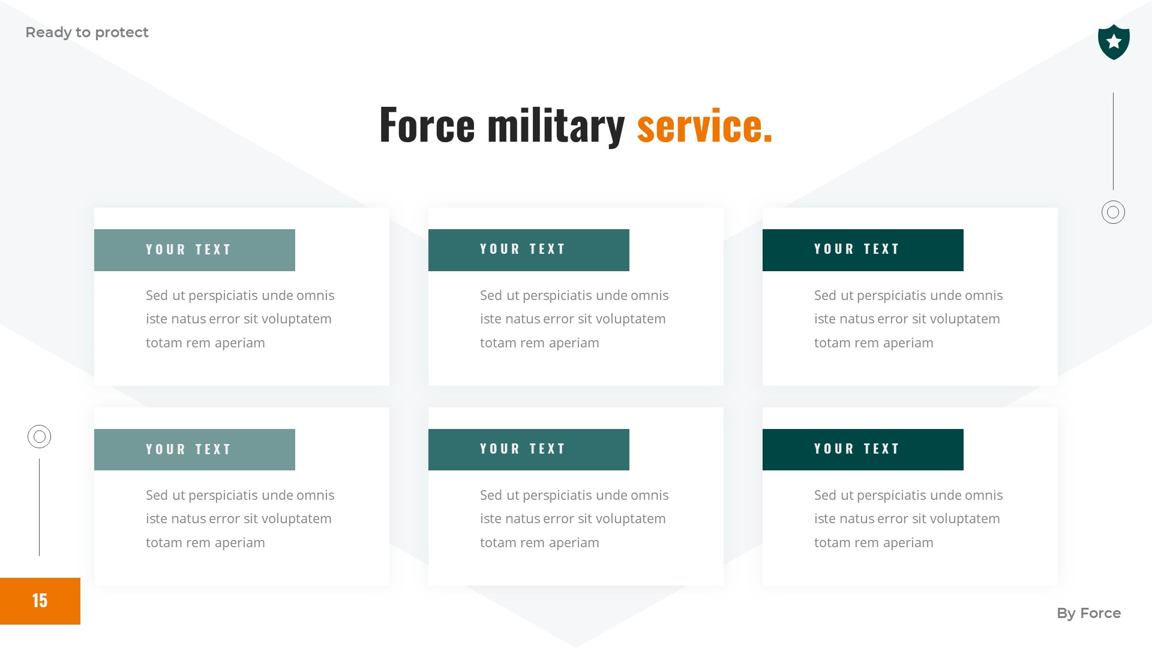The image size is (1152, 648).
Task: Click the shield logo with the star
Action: pyautogui.click(x=1114, y=42)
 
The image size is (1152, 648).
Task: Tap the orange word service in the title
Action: pyautogui.click(x=704, y=125)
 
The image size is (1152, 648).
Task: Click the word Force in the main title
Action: pyautogui.click(x=427, y=125)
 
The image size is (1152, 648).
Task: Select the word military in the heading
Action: pyautogui.click(x=556, y=126)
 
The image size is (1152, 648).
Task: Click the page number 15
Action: pyautogui.click(x=40, y=601)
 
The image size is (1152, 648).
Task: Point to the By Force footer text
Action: pyautogui.click(x=1088, y=613)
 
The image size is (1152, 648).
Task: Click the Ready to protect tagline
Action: pyautogui.click(x=87, y=32)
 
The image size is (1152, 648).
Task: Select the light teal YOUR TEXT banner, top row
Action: pyautogui.click(x=194, y=250)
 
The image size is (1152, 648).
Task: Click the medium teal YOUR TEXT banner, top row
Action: pyautogui.click(x=529, y=250)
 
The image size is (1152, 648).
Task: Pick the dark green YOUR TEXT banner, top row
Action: pyautogui.click(x=863, y=250)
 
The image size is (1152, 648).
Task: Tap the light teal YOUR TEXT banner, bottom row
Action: pyautogui.click(x=194, y=449)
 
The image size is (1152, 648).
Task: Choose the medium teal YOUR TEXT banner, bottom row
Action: pyautogui.click(x=529, y=449)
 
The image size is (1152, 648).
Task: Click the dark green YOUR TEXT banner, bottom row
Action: pyautogui.click(x=863, y=449)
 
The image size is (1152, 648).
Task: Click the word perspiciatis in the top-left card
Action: pyautogui.click(x=223, y=296)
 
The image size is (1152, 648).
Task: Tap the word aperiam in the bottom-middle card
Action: pyautogui.click(x=574, y=543)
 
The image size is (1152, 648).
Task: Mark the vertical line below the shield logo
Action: pyautogui.click(x=1113, y=141)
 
